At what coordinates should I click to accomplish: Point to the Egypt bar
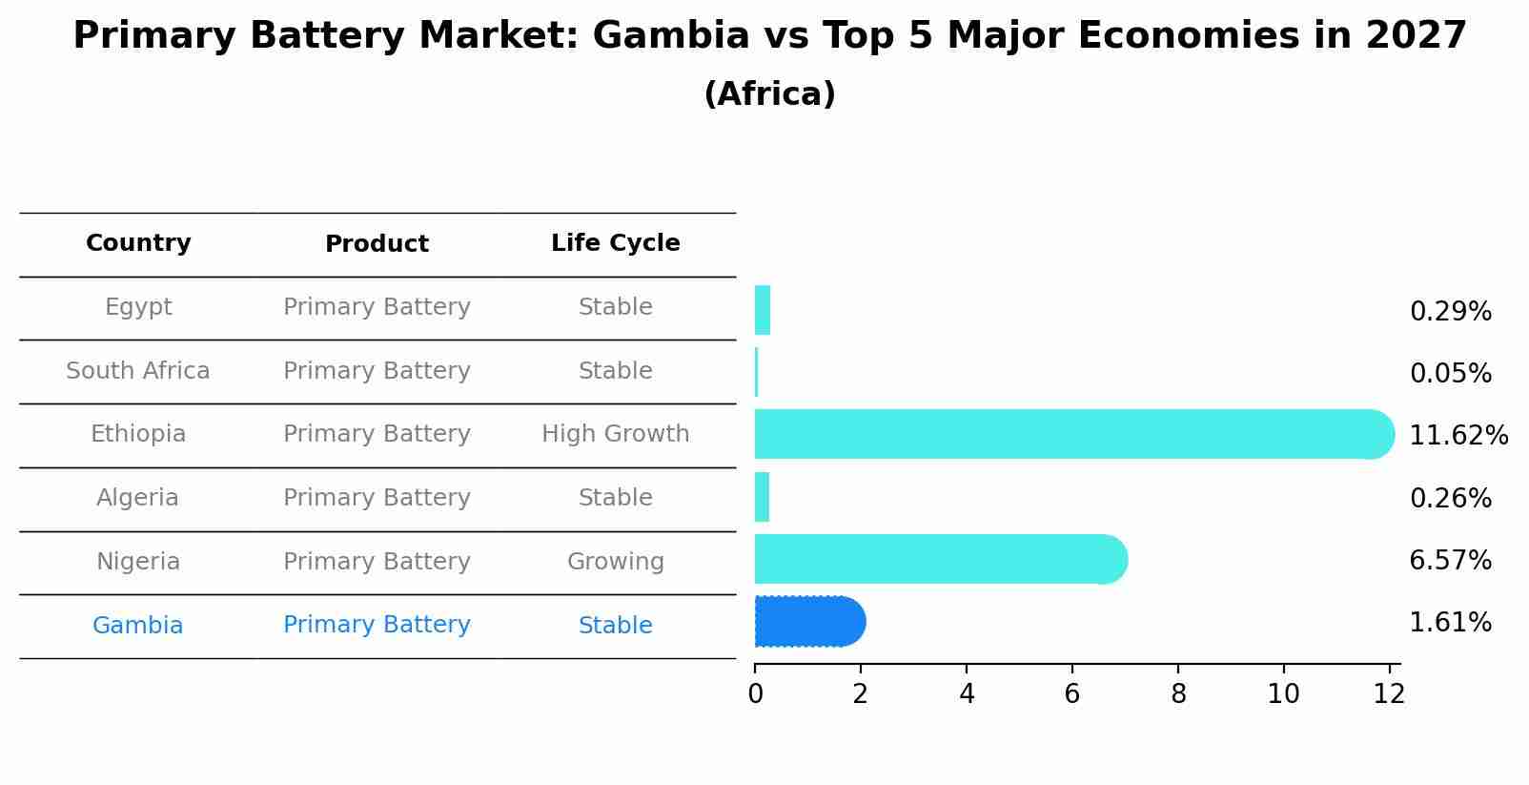763,310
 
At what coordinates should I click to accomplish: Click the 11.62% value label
1458,436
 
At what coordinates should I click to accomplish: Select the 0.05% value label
1450,374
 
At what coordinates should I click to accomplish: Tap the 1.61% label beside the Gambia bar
1450,623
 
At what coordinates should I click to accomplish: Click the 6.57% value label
1450,561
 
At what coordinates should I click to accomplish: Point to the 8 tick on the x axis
1178,694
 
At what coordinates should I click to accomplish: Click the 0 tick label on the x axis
755,694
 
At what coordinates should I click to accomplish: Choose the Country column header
138,243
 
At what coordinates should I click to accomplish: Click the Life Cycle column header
615,243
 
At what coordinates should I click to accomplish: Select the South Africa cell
138,371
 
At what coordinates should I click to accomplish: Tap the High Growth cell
615,434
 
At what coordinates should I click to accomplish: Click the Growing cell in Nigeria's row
615,562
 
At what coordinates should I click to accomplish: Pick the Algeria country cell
138,498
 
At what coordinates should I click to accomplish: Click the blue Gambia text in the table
138,626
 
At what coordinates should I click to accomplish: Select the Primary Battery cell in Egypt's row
377,307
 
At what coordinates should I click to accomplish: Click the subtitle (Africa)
769,94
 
